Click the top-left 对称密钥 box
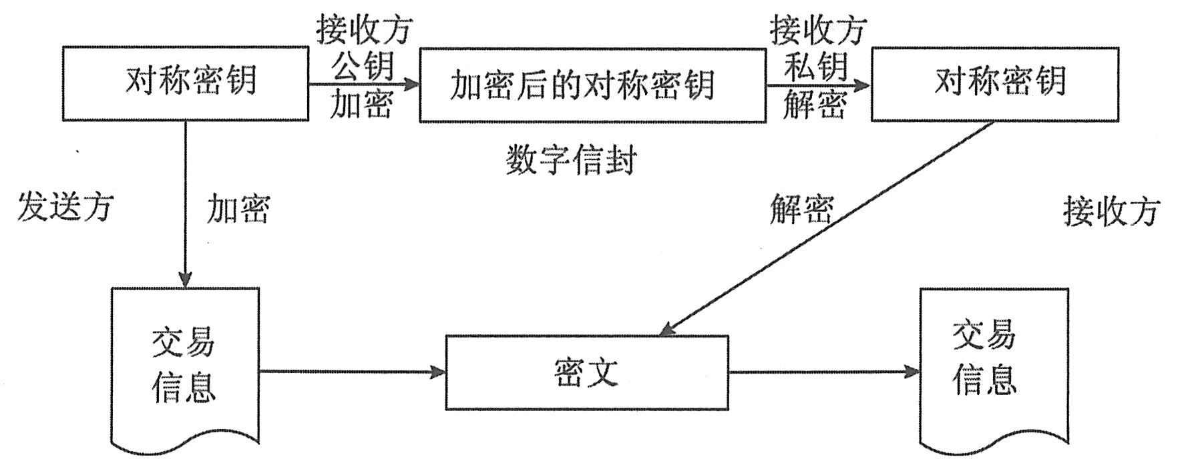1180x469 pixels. pyautogui.click(x=186, y=83)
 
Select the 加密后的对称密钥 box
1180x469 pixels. pyautogui.click(x=592, y=85)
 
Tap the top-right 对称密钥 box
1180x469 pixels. pyautogui.click(x=995, y=83)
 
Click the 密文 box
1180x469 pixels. pyautogui.click(x=586, y=372)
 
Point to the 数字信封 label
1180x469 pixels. pyautogui.click(x=571, y=160)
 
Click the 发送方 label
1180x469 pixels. pyautogui.click(x=65, y=207)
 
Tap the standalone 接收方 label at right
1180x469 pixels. pyautogui.click(x=1111, y=212)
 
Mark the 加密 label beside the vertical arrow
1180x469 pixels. pyautogui.click(x=238, y=209)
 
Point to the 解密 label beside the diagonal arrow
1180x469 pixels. pyautogui.click(x=801, y=209)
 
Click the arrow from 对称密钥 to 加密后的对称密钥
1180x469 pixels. pyautogui.click(x=363, y=84)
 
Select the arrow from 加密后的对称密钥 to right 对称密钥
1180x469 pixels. pyautogui.click(x=818, y=85)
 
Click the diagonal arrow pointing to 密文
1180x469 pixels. pyautogui.click(x=828, y=227)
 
